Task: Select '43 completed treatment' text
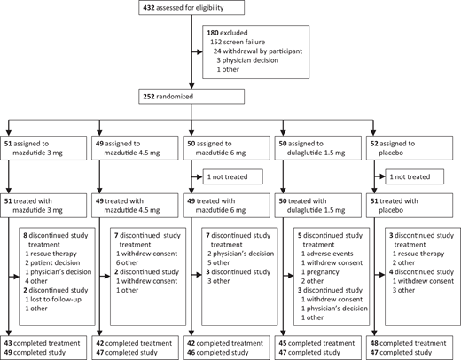click(x=41, y=341)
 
